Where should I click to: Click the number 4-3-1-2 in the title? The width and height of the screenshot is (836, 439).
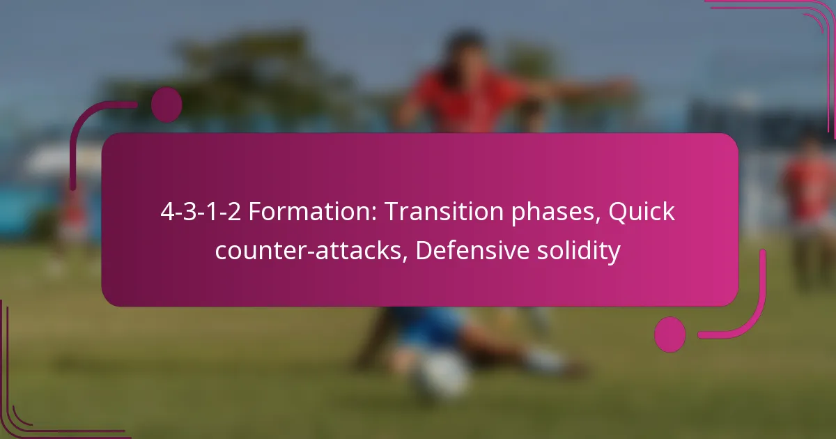click(201, 212)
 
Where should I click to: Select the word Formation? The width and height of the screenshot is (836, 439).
click(313, 212)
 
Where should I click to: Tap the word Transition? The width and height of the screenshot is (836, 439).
click(444, 212)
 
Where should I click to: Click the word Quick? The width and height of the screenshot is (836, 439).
click(642, 213)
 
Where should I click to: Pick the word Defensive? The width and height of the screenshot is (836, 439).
click(472, 250)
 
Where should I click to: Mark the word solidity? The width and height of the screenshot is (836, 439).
click(579, 252)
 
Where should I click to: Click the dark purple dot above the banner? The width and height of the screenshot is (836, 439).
click(167, 105)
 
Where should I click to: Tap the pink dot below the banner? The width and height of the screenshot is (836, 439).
click(670, 334)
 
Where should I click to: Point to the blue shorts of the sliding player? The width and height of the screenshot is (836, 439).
click(429, 325)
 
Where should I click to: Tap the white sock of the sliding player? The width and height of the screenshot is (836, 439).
click(545, 360)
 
